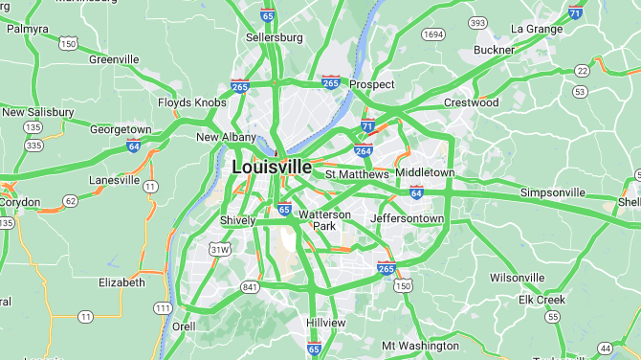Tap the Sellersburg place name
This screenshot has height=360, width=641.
point(274,37)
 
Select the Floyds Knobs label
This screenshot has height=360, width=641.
point(192,102)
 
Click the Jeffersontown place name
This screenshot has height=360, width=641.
point(407,218)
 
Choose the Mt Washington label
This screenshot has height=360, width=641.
point(420,346)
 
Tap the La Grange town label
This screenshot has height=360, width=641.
point(537,29)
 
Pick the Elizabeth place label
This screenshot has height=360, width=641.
point(122,282)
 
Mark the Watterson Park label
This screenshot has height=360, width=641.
point(325,220)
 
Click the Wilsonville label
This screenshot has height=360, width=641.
point(517,278)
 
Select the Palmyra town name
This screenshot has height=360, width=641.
point(27,29)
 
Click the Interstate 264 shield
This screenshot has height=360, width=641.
point(364,150)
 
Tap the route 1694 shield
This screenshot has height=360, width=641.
point(433,34)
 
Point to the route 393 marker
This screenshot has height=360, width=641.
point(477,22)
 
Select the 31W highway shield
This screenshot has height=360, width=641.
point(221,250)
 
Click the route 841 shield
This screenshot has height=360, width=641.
point(251,286)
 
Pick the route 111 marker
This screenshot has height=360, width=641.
point(164,308)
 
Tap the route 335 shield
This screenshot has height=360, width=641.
point(34,146)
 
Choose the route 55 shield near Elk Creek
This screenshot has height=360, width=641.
point(552,316)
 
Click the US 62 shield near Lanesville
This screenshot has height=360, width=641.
point(70,201)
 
